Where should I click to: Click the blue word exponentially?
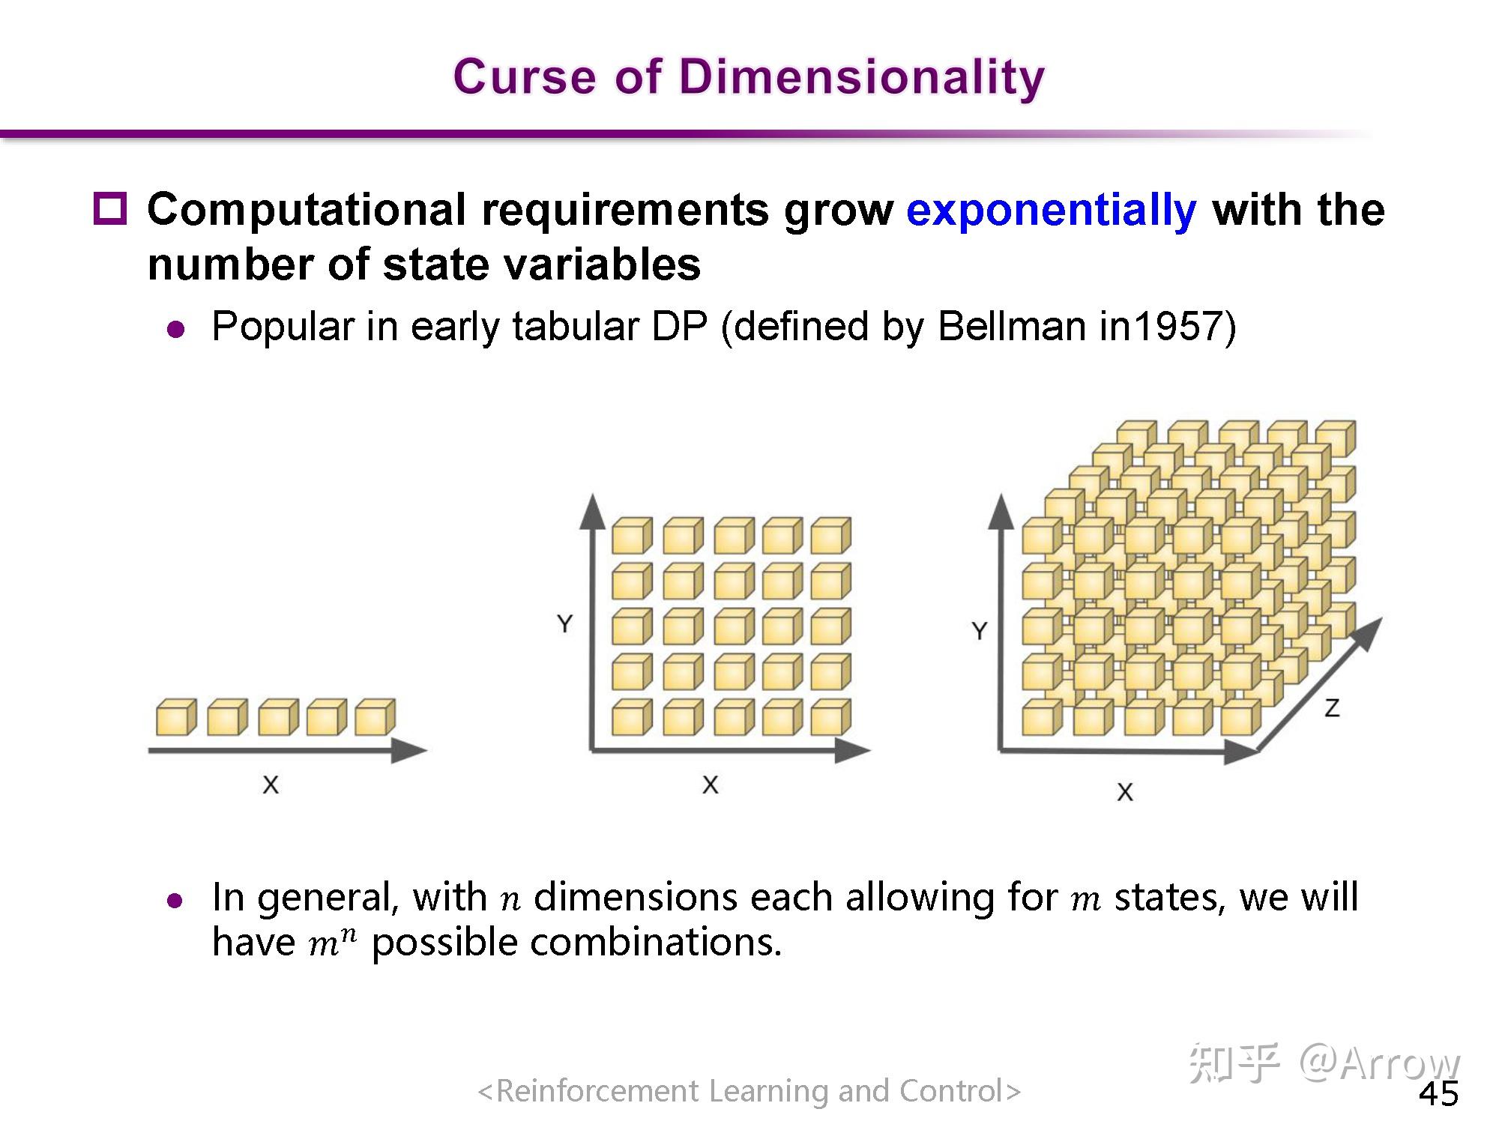(1051, 211)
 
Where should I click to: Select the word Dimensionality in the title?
(862, 78)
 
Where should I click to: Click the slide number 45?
(1438, 1094)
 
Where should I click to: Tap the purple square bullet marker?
(110, 208)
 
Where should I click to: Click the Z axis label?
(1332, 708)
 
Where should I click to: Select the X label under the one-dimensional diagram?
(271, 785)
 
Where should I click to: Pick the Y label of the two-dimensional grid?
(565, 623)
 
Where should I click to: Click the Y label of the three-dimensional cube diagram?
(980, 631)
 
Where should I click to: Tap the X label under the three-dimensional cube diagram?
(1125, 792)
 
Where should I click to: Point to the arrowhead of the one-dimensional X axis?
(409, 750)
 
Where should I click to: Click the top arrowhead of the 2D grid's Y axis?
(593, 511)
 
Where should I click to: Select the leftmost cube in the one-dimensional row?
(176, 717)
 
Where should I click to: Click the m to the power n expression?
(332, 942)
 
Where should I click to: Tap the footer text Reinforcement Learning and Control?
(749, 1091)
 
